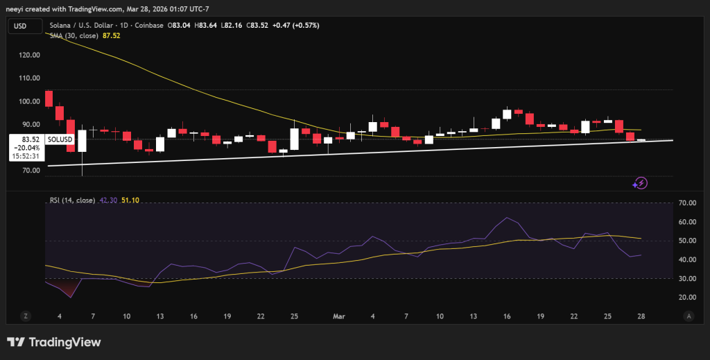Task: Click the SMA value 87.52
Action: pos(111,35)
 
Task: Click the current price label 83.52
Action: pos(26,139)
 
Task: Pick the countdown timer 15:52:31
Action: pos(26,155)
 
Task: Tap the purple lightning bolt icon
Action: pos(641,183)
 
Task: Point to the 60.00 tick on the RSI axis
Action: pos(687,222)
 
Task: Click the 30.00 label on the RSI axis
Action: pos(687,278)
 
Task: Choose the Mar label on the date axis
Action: pos(339,316)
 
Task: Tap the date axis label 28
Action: pos(641,316)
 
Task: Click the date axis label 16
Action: pos(507,316)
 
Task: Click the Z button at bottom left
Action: pos(26,316)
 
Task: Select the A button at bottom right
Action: pos(687,316)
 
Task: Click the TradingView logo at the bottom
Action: pos(54,342)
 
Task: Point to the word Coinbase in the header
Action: pos(148,26)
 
